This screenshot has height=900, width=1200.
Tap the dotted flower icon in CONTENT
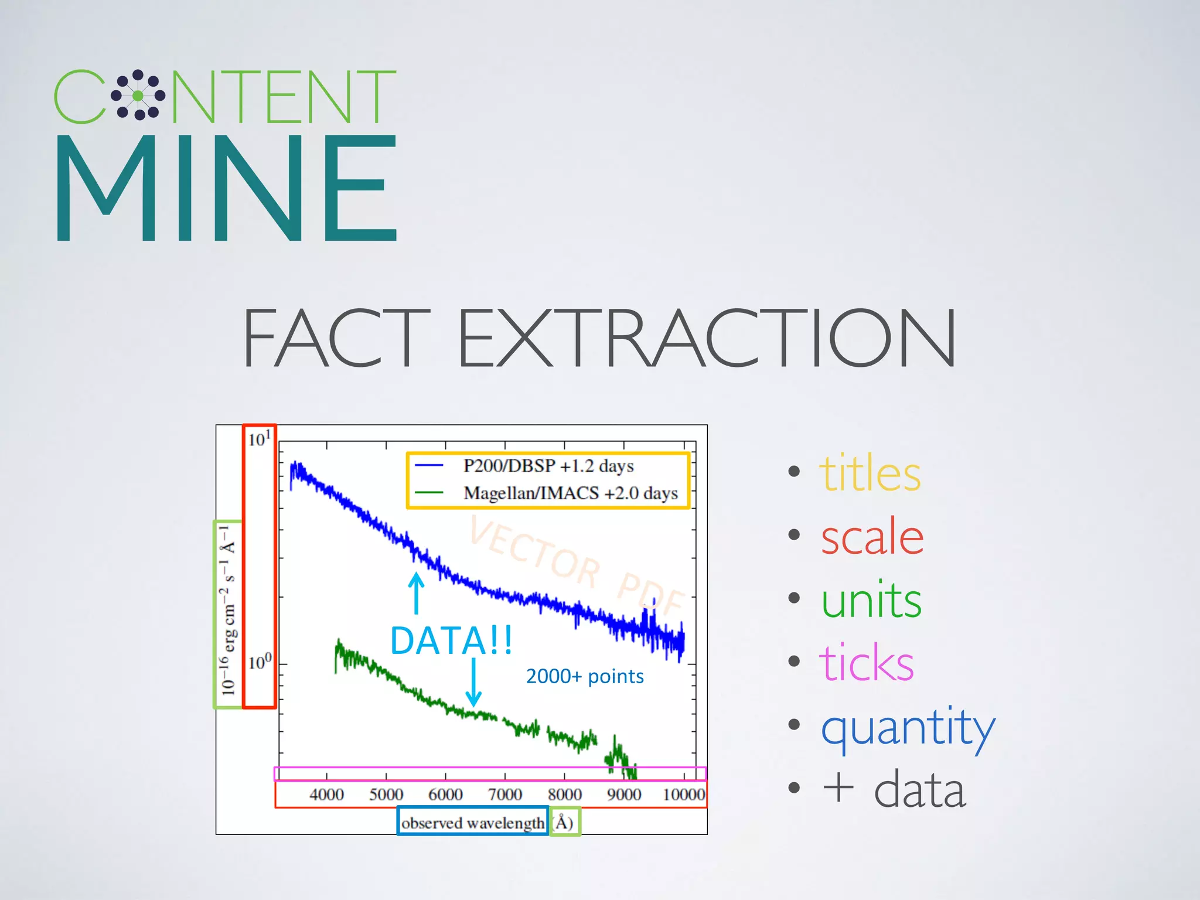coord(138,96)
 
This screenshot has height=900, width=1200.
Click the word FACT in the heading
coord(336,338)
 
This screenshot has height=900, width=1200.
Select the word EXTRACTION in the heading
coord(706,338)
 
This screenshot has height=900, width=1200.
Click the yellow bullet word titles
coord(870,473)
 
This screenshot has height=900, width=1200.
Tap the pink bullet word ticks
coord(866,663)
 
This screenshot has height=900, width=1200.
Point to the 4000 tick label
coord(326,795)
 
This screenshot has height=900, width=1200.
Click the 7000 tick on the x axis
coord(505,795)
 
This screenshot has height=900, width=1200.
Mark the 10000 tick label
coord(683,795)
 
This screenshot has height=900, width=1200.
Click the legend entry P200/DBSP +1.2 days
coord(548,466)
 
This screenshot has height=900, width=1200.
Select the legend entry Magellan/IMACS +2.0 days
coord(570,493)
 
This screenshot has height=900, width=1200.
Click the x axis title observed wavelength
coord(472,823)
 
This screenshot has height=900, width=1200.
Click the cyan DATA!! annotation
coord(451,640)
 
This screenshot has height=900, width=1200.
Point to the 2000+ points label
coord(585,677)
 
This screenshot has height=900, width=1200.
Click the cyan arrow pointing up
coord(416,593)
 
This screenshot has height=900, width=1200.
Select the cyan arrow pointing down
coord(473,683)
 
